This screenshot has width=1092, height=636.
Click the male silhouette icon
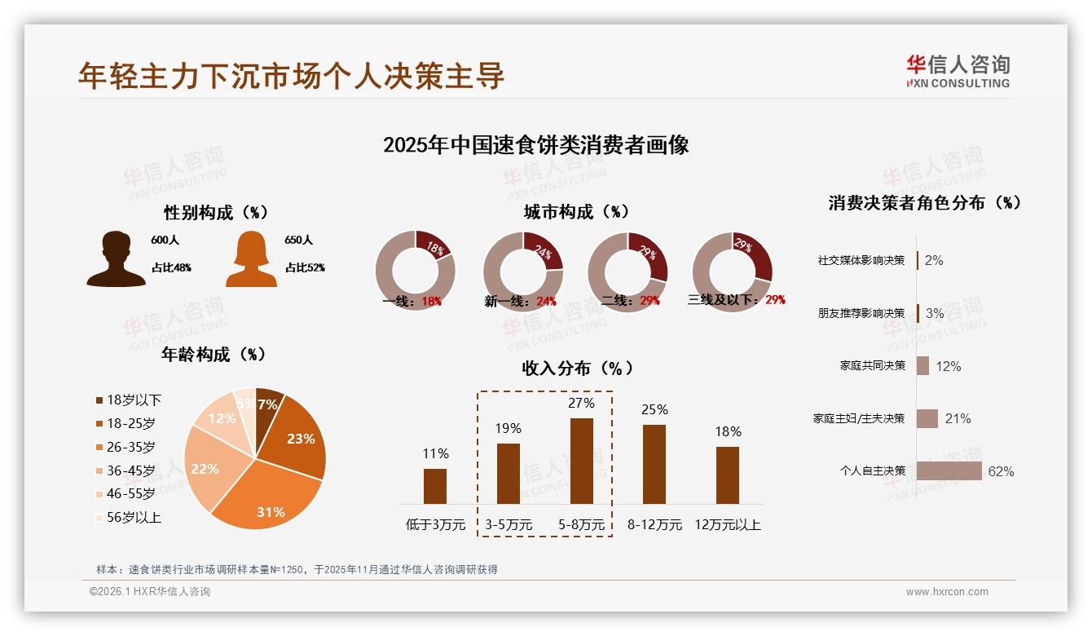coord(116,258)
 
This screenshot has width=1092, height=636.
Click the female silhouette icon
coord(251,258)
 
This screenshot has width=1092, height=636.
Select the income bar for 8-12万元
coord(654,464)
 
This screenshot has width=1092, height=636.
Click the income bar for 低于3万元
coord(435,486)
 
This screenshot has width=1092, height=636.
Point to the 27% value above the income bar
coord(581,403)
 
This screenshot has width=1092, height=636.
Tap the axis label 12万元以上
coord(727,525)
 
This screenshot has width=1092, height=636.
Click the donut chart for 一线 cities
coord(415,270)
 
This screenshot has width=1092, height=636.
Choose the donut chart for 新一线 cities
coord(522,270)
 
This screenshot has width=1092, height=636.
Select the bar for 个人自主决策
coord(949,471)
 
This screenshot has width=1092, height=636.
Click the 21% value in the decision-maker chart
coord(958,418)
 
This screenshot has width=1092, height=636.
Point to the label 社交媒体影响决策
coord(861,261)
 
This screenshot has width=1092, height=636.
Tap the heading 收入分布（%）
coord(578,368)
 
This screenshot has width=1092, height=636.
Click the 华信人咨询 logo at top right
coord(958,71)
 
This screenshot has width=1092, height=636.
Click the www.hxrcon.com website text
coord(946,592)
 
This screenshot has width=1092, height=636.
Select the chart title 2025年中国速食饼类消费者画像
coord(535,145)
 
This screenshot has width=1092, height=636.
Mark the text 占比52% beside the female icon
coord(304,267)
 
